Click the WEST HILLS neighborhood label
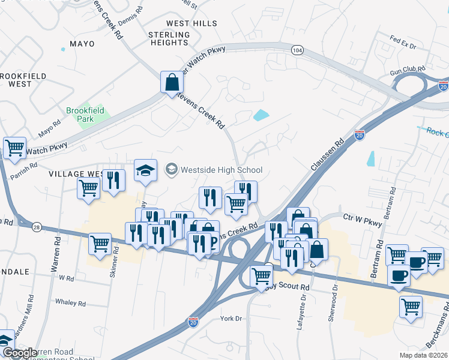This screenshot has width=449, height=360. click(183, 23)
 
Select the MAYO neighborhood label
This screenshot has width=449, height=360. click(82, 44)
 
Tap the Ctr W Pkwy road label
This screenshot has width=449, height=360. click(362, 223)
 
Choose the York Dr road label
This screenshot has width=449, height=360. click(231, 319)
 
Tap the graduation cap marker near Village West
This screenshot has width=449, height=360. click(145, 170)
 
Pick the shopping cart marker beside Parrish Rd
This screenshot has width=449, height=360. click(14, 147)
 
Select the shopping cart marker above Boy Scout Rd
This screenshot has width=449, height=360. click(261, 275)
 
